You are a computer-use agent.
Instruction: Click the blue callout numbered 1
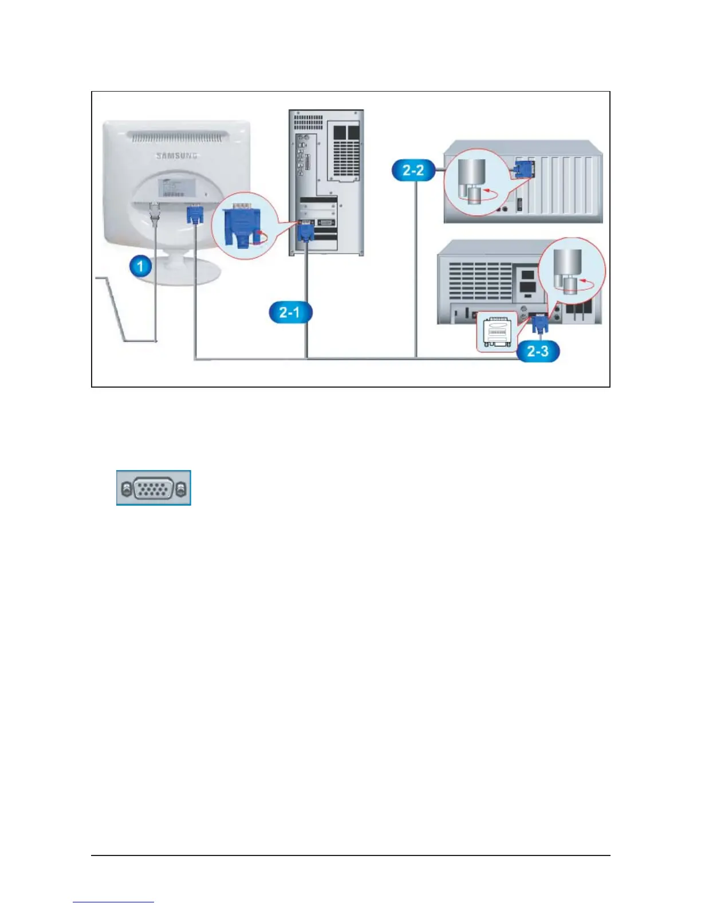(x=140, y=266)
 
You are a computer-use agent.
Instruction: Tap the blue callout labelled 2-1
(x=289, y=313)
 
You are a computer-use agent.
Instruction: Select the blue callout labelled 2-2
(x=413, y=170)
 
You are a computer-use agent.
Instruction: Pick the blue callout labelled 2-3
(x=537, y=350)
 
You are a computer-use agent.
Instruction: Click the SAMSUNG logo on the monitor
(x=177, y=155)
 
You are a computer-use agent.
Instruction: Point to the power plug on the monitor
(x=154, y=213)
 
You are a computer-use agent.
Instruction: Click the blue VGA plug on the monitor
(x=195, y=215)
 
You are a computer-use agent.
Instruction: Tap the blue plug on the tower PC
(x=305, y=231)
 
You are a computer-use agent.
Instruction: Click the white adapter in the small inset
(x=497, y=332)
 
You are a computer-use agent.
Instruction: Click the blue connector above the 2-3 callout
(x=539, y=325)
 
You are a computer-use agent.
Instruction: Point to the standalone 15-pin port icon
(x=153, y=488)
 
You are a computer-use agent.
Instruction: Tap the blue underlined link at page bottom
(x=113, y=902)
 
